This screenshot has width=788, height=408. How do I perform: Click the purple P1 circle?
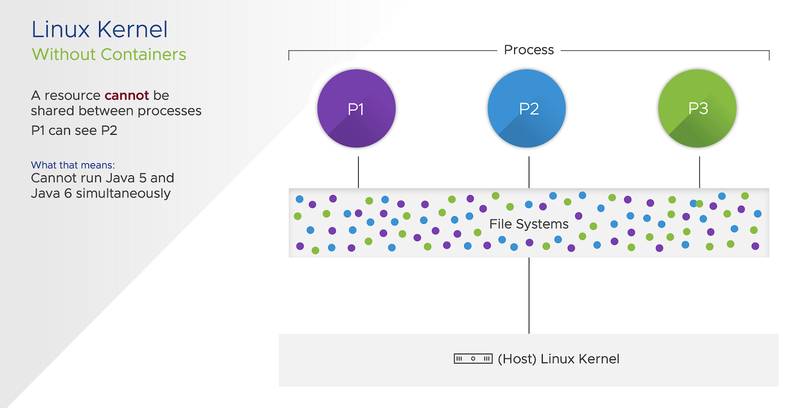(x=356, y=108)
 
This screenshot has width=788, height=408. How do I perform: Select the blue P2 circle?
(x=526, y=108)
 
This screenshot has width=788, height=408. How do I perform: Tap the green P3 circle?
(x=697, y=108)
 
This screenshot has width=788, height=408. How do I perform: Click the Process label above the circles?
(x=529, y=50)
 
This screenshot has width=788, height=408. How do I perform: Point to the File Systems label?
(x=529, y=224)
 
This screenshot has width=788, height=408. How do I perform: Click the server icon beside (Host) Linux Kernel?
(x=473, y=359)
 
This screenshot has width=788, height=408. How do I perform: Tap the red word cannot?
(x=127, y=95)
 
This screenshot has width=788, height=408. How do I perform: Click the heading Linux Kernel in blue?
(x=99, y=30)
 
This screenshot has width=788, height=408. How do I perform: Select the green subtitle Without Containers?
(x=109, y=55)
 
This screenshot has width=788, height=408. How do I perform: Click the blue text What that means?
(x=73, y=165)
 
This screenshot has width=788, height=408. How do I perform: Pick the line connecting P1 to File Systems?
(x=359, y=172)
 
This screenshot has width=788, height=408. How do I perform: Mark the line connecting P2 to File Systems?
(x=529, y=172)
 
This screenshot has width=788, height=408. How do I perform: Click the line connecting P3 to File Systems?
(x=699, y=172)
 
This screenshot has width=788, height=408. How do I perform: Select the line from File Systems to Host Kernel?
(x=529, y=295)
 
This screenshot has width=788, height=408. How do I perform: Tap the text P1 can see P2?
(x=74, y=130)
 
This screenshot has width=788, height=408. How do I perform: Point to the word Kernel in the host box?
(x=599, y=359)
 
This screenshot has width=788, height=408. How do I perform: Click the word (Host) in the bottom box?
(x=517, y=359)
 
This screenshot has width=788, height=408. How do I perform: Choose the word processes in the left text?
(x=169, y=111)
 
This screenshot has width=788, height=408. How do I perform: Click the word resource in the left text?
(x=72, y=95)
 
